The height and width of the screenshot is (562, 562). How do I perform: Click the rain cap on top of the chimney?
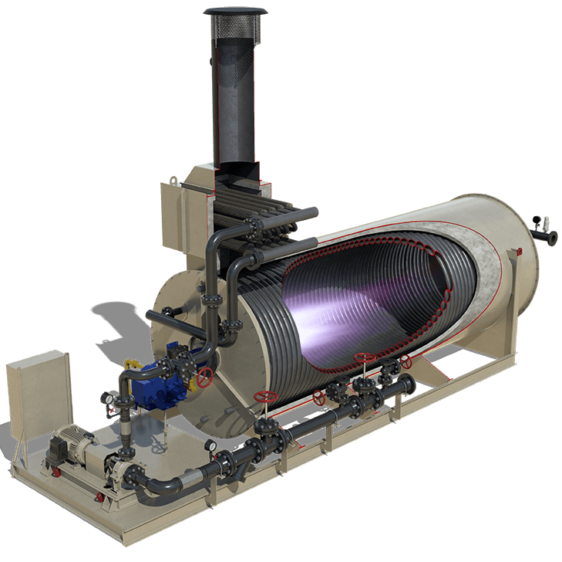click(235, 13)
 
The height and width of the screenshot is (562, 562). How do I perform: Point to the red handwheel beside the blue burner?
click(205, 377)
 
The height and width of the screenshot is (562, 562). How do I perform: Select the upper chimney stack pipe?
click(235, 93)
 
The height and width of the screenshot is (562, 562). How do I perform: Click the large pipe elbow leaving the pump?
click(154, 490)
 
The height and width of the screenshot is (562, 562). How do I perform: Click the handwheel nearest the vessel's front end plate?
click(266, 397)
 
